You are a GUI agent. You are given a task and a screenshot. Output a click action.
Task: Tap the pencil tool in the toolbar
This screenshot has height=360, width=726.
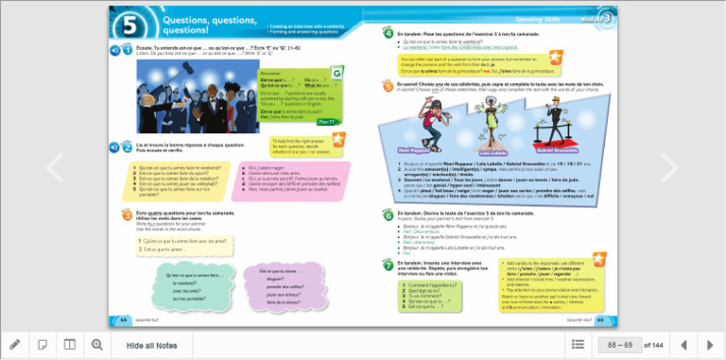(15, 345)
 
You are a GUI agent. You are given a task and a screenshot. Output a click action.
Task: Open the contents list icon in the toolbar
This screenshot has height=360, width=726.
(578, 345)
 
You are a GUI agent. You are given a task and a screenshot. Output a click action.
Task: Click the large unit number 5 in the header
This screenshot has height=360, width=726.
(130, 26)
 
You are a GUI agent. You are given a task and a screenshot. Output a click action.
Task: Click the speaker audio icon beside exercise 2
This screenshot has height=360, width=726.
(115, 146)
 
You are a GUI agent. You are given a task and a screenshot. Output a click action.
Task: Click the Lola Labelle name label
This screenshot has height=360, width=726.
(493, 151)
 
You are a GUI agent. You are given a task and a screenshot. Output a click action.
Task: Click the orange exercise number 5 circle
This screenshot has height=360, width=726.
(388, 85)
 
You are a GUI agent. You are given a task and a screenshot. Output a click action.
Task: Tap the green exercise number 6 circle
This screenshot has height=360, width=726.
(388, 215)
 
